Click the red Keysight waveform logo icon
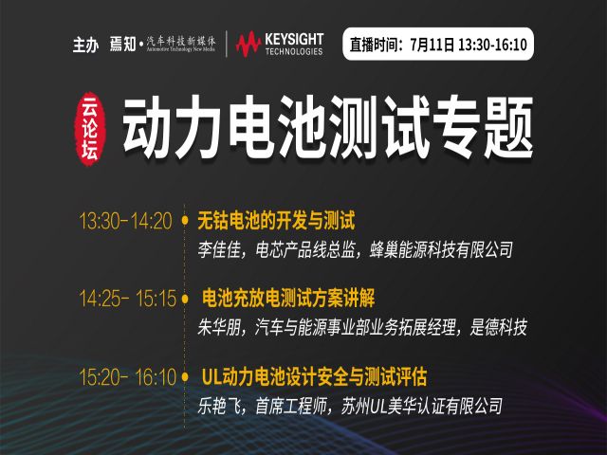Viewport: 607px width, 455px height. (x=248, y=44)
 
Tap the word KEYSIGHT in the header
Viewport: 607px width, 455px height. (x=294, y=39)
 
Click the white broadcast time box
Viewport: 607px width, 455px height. (x=438, y=45)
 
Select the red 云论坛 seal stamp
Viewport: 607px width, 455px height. (x=90, y=129)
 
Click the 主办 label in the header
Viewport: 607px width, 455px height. (x=85, y=45)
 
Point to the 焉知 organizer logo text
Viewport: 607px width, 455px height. (x=122, y=44)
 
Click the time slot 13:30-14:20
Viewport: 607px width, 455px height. (x=125, y=221)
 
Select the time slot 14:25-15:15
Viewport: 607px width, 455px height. (x=127, y=299)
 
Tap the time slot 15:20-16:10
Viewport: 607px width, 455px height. (x=127, y=376)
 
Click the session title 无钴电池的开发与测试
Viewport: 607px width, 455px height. (x=276, y=221)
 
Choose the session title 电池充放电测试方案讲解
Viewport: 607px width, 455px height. (x=288, y=299)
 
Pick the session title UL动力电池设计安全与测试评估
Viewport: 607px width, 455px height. (x=314, y=376)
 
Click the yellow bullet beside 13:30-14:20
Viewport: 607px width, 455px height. (x=185, y=221)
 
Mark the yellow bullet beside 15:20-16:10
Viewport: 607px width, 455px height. (x=185, y=376)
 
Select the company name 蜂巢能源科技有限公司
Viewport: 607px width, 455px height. (x=442, y=250)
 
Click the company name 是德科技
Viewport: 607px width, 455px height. (x=498, y=327)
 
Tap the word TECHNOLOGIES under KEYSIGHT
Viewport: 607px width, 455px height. (x=294, y=51)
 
